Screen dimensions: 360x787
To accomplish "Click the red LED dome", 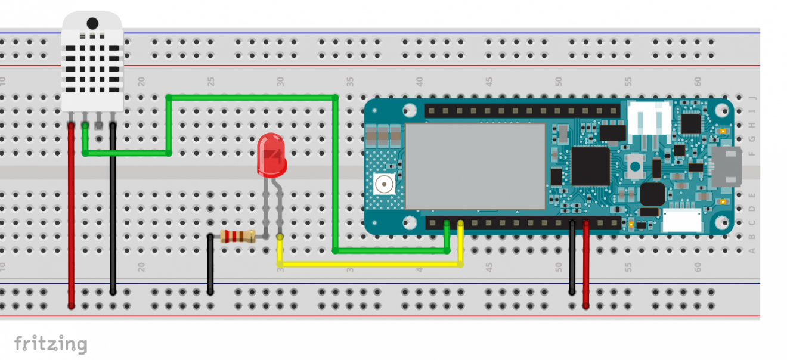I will pos(271,154).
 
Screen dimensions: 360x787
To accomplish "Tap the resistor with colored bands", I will pos(238,237).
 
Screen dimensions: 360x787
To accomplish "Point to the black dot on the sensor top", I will pos(92,23).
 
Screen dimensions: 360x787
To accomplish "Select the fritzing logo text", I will pos(51,344).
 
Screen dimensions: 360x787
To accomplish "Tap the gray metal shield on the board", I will pos(475,166).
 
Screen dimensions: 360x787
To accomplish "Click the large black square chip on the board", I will pos(590,166).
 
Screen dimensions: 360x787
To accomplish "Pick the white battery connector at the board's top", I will pos(649,117).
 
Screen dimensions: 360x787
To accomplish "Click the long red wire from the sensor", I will pos(71,215).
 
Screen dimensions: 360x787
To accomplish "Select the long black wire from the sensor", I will pos(113,215).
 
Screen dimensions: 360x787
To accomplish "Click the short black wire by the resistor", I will pos(210,265).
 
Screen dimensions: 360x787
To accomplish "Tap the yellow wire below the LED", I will pos(370,263).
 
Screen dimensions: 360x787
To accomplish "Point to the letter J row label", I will pos(752,98).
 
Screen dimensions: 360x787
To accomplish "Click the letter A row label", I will pos(752,251).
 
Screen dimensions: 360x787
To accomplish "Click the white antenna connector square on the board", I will pos(383,185).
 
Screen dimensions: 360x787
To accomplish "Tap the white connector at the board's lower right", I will pos(682,222).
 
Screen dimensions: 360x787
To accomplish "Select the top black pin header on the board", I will pos(522,111).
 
